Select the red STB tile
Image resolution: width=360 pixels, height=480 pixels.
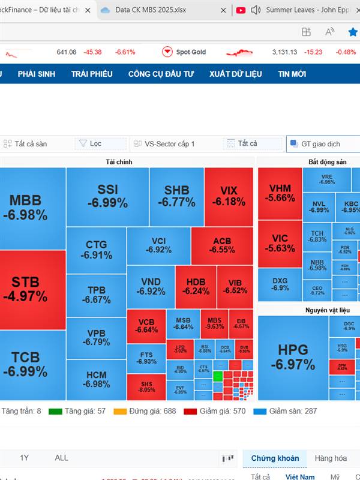(29, 289)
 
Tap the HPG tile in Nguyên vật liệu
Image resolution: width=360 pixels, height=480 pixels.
(292, 357)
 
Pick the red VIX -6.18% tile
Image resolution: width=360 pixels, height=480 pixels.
(229, 196)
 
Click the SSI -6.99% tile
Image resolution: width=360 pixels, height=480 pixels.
(107, 196)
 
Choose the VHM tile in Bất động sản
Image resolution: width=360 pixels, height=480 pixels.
(280, 193)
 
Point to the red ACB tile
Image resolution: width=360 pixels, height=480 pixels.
(221, 245)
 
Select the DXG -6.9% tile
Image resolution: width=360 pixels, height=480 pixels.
(280, 284)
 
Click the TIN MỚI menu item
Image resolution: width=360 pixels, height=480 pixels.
(292, 74)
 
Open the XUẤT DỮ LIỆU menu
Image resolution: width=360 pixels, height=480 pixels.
(236, 74)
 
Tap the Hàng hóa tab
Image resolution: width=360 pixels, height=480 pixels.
(331, 458)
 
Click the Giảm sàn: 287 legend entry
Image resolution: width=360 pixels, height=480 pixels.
(285, 412)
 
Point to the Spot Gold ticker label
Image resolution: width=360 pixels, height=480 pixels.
(190, 52)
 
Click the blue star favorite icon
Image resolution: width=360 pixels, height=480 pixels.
(353, 32)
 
